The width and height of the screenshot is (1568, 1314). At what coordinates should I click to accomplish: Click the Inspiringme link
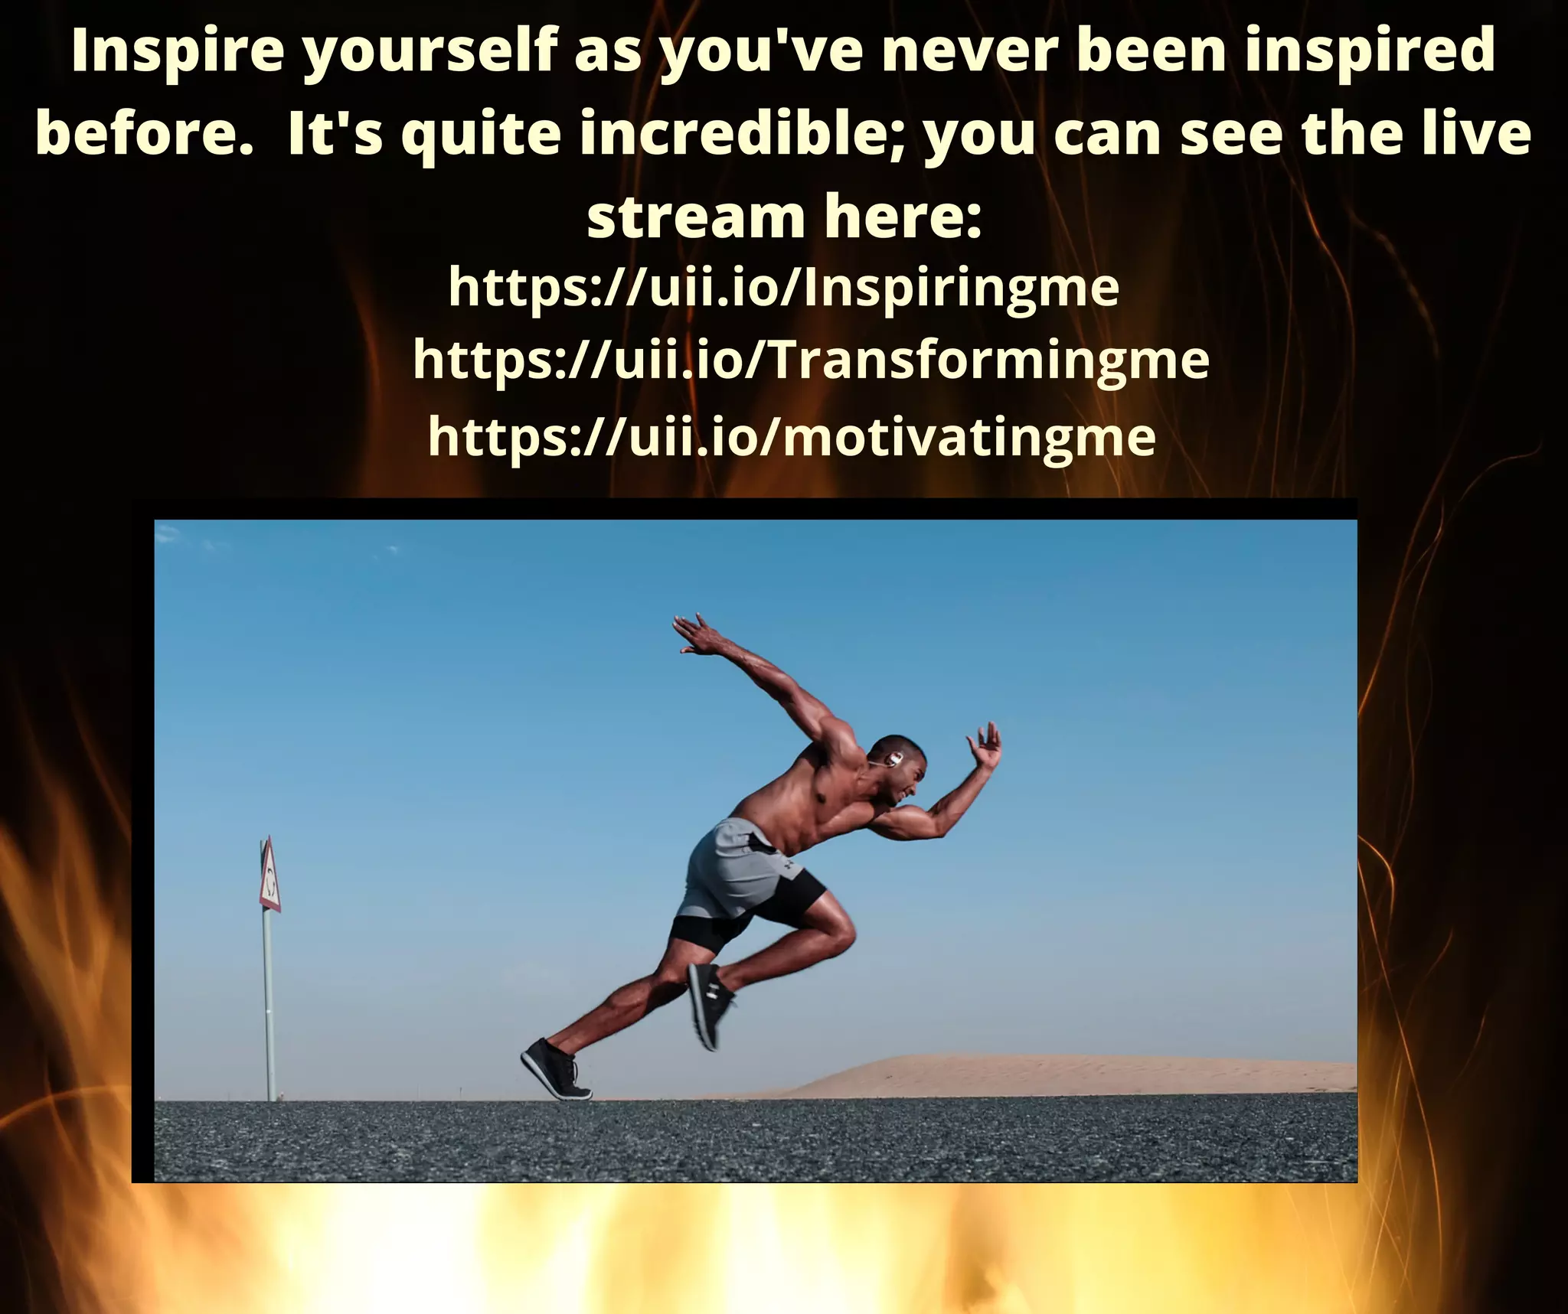[783, 289]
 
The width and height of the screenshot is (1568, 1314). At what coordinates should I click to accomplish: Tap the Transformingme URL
[810, 361]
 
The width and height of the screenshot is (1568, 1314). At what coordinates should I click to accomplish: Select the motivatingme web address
[791, 437]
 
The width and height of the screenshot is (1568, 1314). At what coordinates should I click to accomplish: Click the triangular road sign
[269, 875]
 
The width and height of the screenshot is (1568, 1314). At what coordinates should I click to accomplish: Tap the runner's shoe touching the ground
[555, 1068]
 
